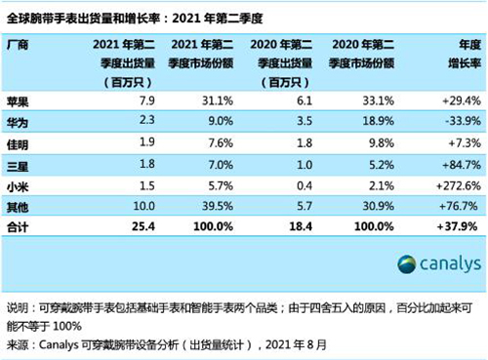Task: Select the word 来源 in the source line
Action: (18, 344)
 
